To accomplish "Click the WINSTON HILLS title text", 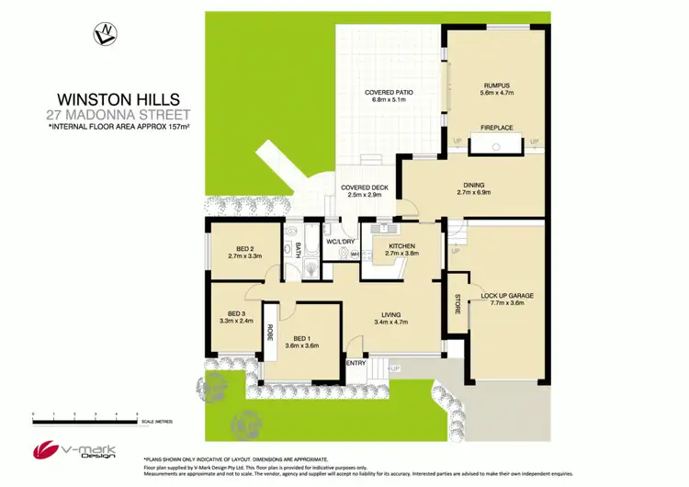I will coord(119,99).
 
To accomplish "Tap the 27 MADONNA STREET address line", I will coord(119,115).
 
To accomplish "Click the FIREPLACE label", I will coord(496,128).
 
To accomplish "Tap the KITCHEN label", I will coord(402,246).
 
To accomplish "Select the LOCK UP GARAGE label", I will coord(507,295).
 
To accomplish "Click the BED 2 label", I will coord(243,249).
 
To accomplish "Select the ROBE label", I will coord(270,333).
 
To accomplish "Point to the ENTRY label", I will coord(356,361).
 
